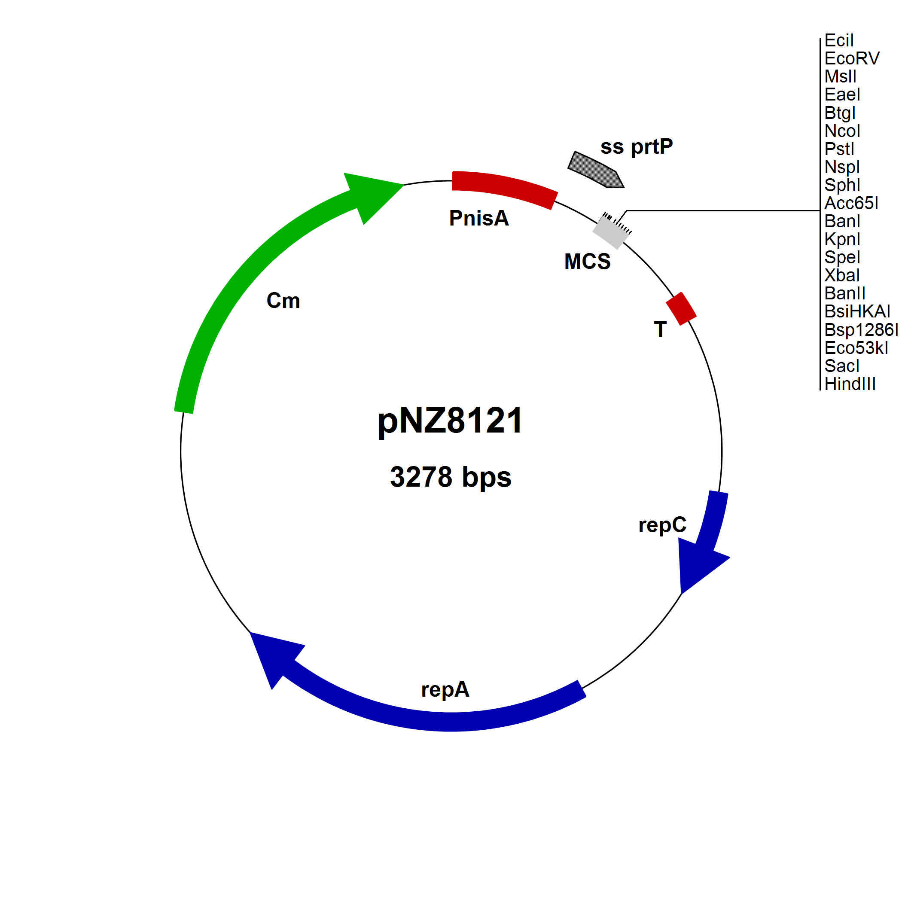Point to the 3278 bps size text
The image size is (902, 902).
451,478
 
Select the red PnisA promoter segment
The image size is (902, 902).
504,189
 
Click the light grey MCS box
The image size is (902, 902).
612,231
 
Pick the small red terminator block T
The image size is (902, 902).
681,308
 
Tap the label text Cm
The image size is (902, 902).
283,301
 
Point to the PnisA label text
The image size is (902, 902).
478,218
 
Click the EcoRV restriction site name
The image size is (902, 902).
852,58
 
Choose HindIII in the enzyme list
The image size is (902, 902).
850,384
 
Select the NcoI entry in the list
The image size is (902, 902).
842,131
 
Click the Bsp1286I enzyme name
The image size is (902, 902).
861,329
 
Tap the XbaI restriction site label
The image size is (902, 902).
842,275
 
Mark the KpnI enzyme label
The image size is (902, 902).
842,239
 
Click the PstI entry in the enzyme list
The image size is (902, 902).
839,149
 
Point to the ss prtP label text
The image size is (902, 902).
637,146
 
